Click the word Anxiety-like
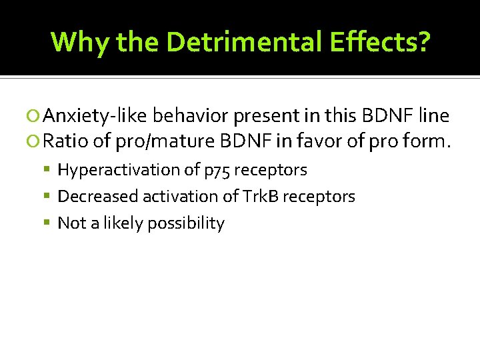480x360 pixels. [x=95, y=117]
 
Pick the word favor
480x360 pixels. [x=323, y=142]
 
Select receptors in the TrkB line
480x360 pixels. [x=323, y=197]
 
